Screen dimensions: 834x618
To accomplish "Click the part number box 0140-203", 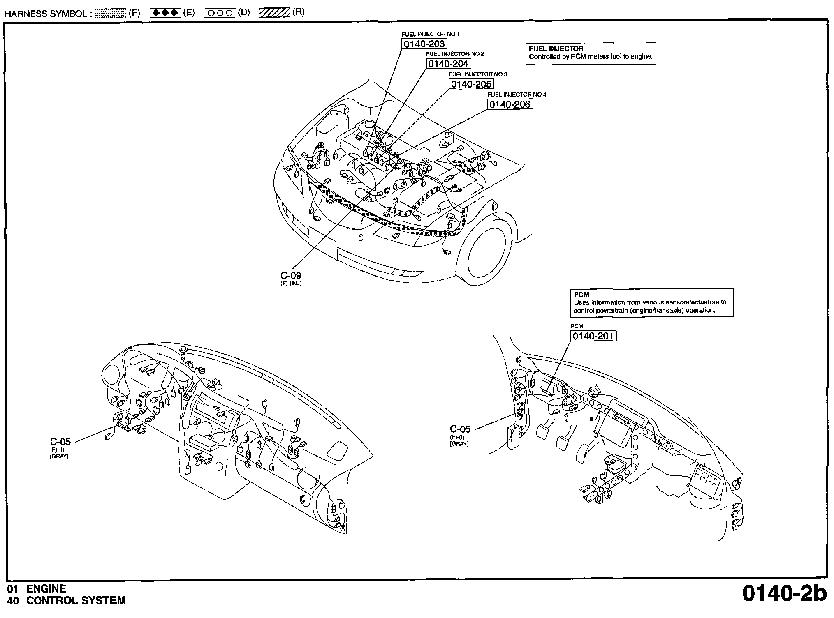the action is [x=424, y=44].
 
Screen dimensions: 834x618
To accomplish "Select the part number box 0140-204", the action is [x=448, y=64].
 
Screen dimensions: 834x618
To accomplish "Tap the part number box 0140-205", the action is [x=471, y=84].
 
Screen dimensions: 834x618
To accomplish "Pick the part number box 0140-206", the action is [x=510, y=104].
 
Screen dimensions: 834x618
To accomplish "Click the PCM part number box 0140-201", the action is [x=593, y=336].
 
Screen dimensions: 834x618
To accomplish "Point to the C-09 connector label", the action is [x=291, y=276].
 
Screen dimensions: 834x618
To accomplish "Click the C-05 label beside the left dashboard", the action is [x=60, y=442].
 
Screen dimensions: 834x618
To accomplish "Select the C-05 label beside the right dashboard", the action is [x=460, y=429].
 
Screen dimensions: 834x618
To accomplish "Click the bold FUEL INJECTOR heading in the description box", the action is [x=556, y=49].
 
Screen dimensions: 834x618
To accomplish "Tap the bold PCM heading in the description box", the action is [x=581, y=295].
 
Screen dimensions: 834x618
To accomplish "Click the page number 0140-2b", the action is [x=784, y=594].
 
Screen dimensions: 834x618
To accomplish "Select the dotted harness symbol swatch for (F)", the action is [x=110, y=14].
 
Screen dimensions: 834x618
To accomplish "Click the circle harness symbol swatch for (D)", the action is [x=220, y=13].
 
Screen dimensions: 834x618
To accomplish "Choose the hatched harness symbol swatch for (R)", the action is [x=274, y=13].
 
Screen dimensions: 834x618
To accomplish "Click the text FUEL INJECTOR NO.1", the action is [x=430, y=34].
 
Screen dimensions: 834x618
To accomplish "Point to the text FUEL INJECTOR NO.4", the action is [x=517, y=95].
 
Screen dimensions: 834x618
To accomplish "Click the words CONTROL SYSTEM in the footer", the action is [x=76, y=601].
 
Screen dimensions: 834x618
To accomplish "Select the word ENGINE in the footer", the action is [x=46, y=589].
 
